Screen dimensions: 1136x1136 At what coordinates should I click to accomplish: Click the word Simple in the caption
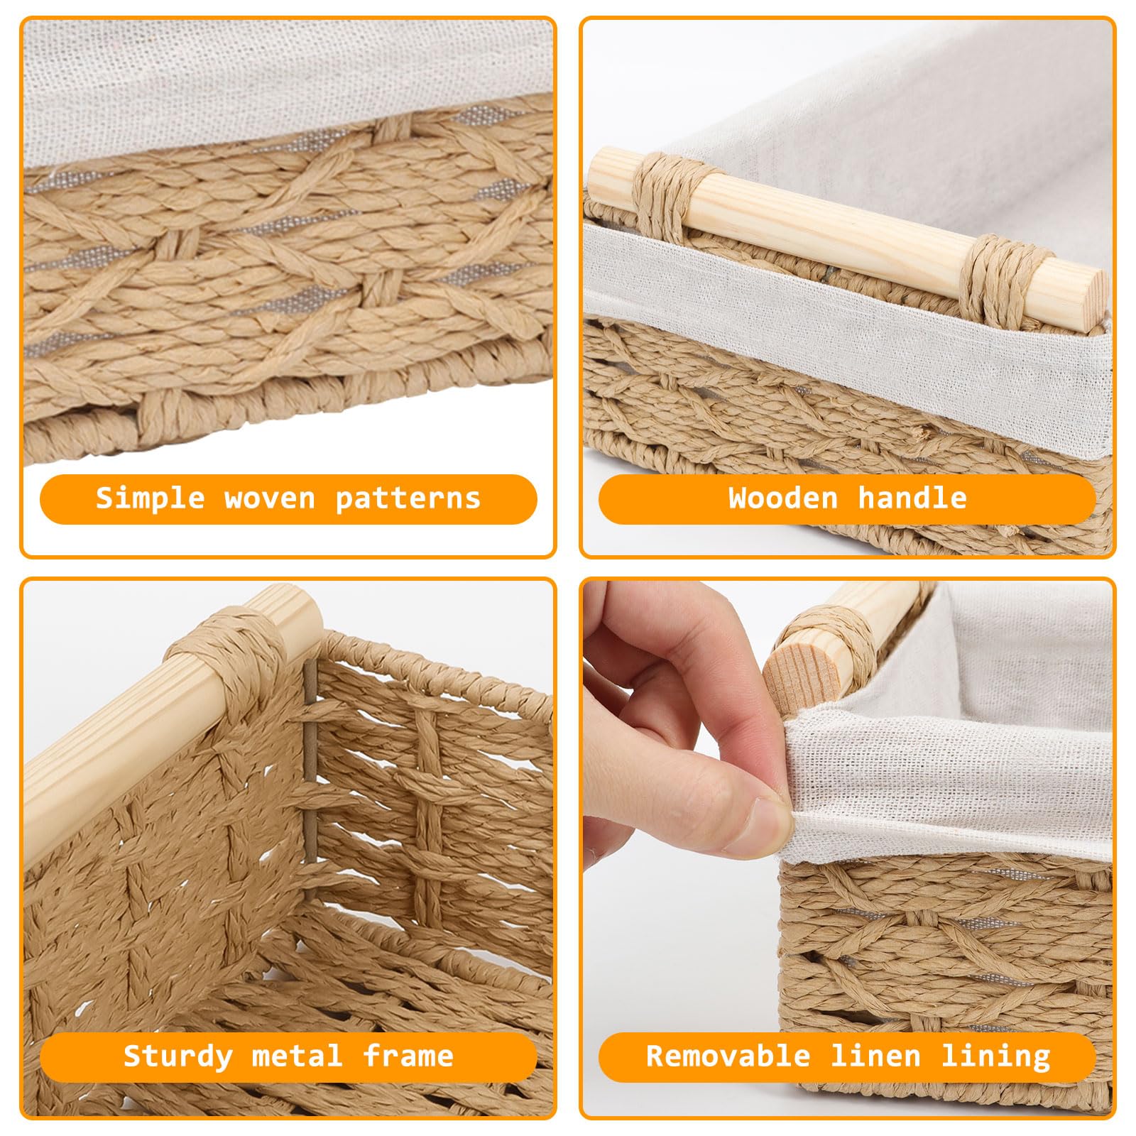point(150,498)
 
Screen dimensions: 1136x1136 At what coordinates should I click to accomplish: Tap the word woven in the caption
point(270,498)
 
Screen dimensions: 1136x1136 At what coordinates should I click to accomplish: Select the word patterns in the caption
point(408,499)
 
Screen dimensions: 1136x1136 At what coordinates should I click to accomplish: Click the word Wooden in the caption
point(782,498)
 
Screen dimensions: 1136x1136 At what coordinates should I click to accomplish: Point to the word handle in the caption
point(912,498)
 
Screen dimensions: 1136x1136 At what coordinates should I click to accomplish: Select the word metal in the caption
point(297,1056)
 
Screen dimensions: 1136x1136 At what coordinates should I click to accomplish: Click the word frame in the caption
point(408,1056)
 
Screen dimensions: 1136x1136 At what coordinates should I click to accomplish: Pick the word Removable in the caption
point(728,1056)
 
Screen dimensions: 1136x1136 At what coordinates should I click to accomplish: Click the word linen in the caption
point(875,1056)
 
